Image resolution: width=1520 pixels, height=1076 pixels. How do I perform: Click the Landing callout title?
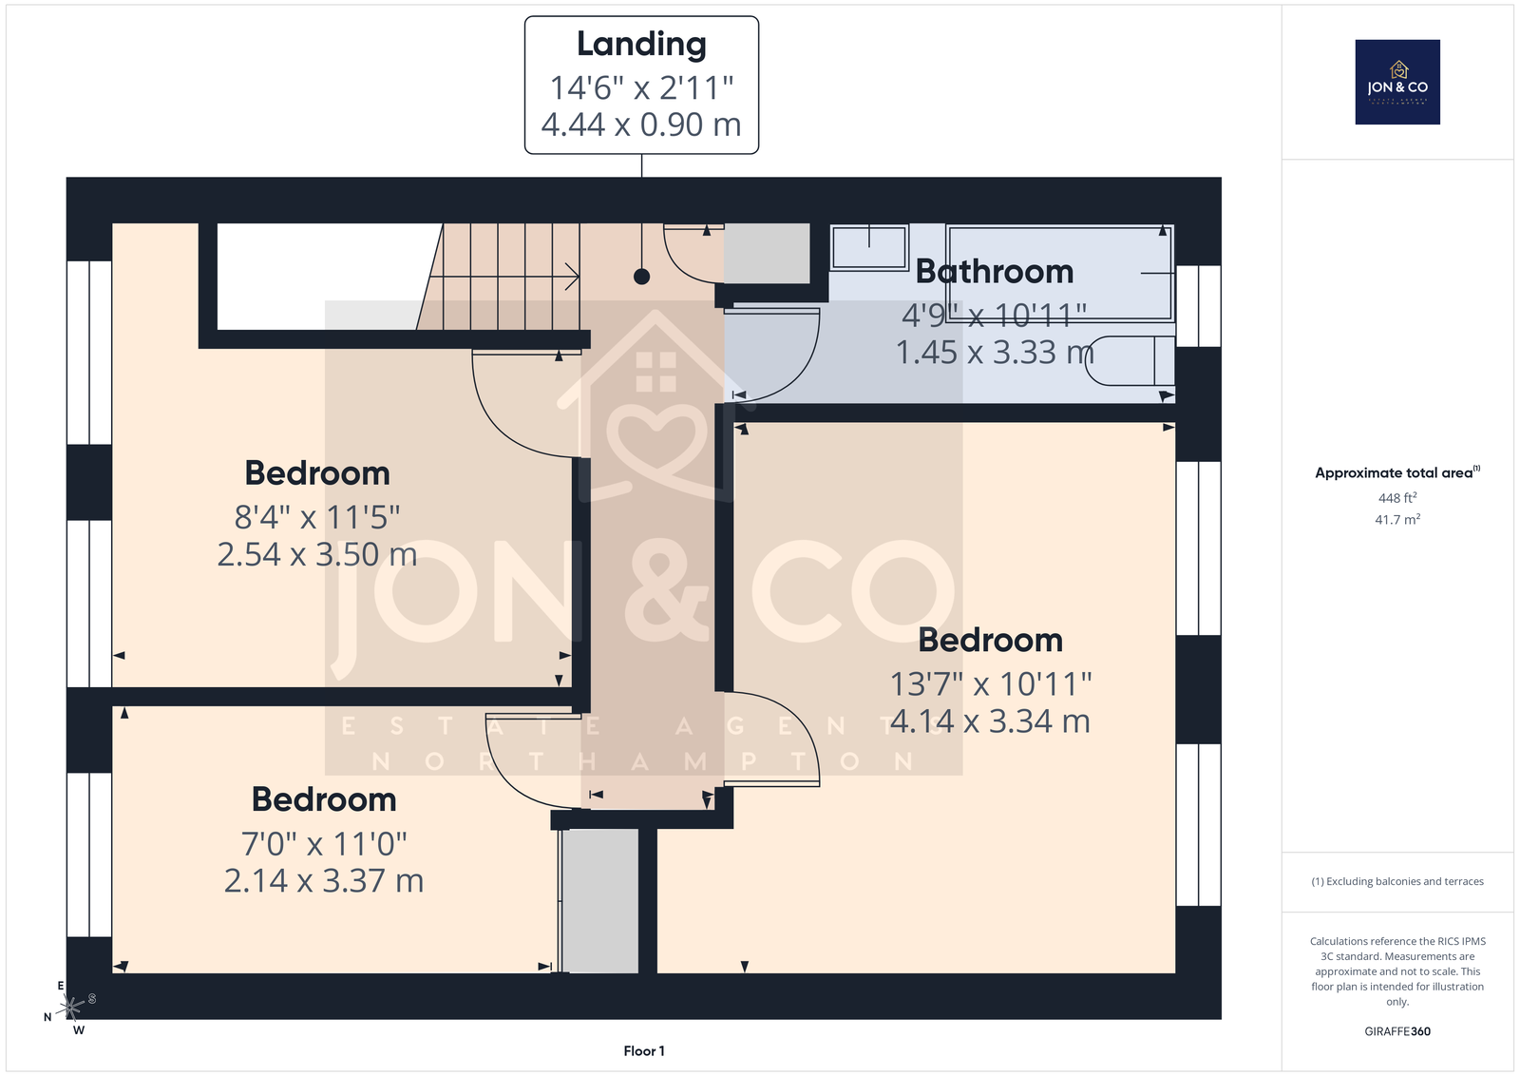[x=641, y=44]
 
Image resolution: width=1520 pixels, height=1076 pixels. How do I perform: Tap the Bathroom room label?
[x=994, y=272]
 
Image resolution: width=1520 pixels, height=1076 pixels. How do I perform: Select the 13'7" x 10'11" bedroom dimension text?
[x=990, y=684]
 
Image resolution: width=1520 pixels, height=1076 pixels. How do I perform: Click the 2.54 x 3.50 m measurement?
[x=317, y=554]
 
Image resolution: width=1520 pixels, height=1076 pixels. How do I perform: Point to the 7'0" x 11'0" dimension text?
[x=324, y=844]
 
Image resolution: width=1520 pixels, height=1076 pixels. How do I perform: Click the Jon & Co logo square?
[x=1397, y=82]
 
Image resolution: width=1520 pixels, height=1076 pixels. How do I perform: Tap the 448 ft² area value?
[x=1397, y=498]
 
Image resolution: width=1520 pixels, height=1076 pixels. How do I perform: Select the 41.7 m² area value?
[x=1397, y=519]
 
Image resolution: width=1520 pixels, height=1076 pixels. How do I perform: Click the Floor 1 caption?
[x=644, y=1051]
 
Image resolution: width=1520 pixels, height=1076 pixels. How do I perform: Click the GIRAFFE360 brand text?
[x=1397, y=1031]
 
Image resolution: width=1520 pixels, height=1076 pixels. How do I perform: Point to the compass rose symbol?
[x=70, y=1007]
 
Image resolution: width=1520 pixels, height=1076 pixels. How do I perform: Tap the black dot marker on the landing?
[x=641, y=277]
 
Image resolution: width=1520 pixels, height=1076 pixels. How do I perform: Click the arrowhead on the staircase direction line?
[x=573, y=277]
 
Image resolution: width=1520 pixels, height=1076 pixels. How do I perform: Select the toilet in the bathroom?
[x=1130, y=361]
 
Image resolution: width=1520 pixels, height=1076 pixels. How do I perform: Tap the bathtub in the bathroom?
[x=1060, y=273]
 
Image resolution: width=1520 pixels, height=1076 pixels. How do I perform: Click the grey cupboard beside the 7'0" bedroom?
[x=599, y=901]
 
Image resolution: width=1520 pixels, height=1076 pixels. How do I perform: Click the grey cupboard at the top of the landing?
[x=767, y=253]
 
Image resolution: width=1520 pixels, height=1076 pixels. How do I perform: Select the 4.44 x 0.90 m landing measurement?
[x=641, y=125]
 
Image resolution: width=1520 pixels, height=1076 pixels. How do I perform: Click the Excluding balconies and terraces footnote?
[x=1397, y=881]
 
